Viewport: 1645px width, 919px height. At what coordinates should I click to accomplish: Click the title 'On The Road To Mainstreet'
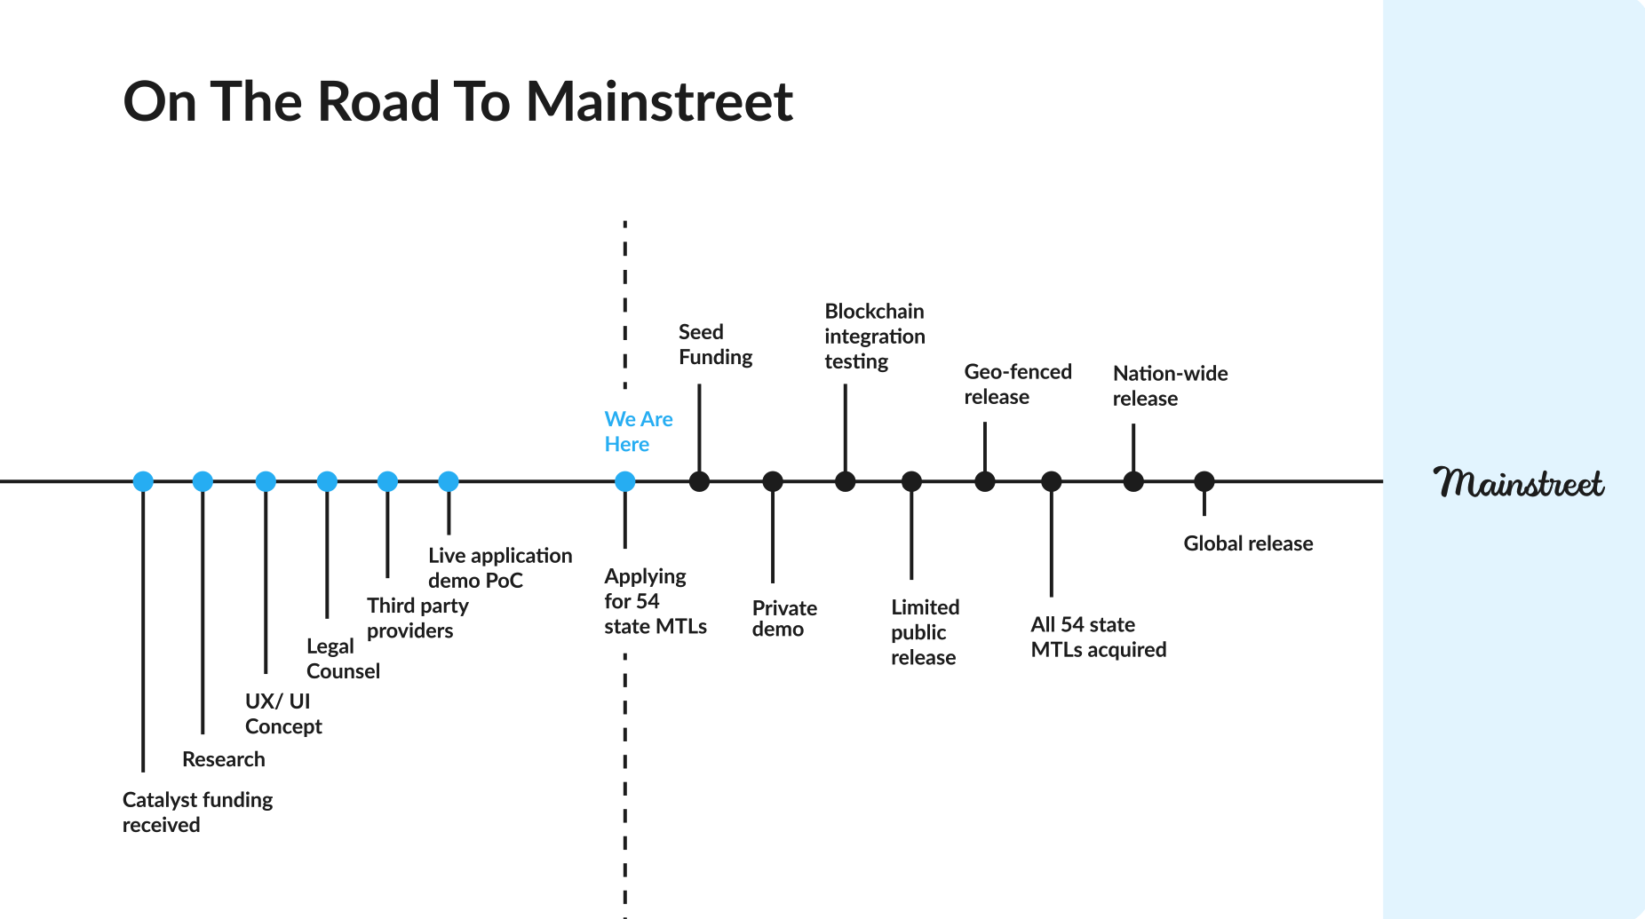tap(457, 101)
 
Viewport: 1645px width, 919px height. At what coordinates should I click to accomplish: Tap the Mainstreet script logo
tap(1518, 482)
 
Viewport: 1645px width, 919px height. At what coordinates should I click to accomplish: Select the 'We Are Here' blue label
tap(638, 432)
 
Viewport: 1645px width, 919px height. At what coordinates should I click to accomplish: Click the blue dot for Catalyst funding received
tap(143, 481)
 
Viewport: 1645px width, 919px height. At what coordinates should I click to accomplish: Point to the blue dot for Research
tap(203, 481)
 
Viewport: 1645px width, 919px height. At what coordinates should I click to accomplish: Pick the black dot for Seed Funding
tap(700, 481)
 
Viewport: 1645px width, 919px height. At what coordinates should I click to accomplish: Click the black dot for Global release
tap(1204, 481)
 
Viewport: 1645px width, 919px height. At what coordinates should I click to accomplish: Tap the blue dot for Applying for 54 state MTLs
tap(625, 481)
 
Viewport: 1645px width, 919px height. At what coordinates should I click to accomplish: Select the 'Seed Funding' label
tap(715, 345)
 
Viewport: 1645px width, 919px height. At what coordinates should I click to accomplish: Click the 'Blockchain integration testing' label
tap(874, 337)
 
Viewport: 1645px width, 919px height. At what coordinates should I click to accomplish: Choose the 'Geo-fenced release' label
tap(1017, 384)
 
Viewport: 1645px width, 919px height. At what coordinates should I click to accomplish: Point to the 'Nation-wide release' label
tap(1170, 386)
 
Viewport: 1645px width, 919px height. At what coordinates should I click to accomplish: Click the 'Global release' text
tap(1248, 543)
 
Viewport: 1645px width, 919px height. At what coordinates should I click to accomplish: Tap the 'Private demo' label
tap(784, 619)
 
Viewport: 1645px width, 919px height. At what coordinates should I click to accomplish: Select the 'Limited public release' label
tap(925, 632)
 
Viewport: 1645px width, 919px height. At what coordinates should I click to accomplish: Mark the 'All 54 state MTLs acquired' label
tap(1098, 637)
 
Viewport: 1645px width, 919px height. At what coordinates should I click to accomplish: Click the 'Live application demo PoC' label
tap(499, 568)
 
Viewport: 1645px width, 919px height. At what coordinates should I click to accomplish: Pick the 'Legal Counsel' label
tap(343, 659)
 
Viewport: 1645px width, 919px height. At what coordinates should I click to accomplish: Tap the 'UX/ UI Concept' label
tap(283, 714)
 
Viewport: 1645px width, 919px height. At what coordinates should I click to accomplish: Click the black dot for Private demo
tap(773, 481)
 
